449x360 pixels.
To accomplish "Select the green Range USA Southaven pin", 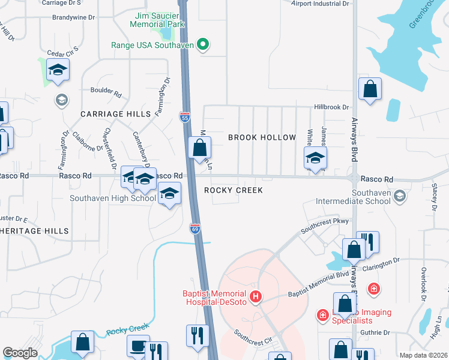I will [203, 44].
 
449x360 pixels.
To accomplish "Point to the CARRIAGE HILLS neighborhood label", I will [110, 114].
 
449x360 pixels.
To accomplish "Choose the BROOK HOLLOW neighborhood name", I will [262, 137].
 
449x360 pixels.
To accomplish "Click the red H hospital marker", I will [256, 296].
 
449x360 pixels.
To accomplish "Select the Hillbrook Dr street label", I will [331, 107].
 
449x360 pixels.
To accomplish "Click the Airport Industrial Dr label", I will [320, 4].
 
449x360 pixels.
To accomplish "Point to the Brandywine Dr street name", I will [73, 18].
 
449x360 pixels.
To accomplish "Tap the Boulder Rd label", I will [106, 91].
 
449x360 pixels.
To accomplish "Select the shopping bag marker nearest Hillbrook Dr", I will [370, 90].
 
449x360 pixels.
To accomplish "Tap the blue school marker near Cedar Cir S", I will [58, 71].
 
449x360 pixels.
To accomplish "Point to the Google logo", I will [20, 353].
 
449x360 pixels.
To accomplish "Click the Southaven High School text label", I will [113, 198].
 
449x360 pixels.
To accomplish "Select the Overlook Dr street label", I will [423, 280].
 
